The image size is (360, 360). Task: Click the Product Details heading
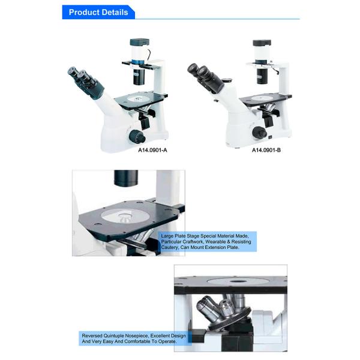click(x=98, y=12)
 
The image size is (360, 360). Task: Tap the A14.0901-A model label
click(x=152, y=150)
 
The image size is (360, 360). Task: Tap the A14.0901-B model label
click(x=266, y=150)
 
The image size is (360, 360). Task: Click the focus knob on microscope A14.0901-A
click(x=137, y=136)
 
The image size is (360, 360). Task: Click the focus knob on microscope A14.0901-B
click(x=259, y=133)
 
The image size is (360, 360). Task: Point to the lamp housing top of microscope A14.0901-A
click(x=140, y=42)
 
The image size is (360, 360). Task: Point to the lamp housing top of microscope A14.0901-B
click(x=262, y=43)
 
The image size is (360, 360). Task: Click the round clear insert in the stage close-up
click(x=125, y=216)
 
